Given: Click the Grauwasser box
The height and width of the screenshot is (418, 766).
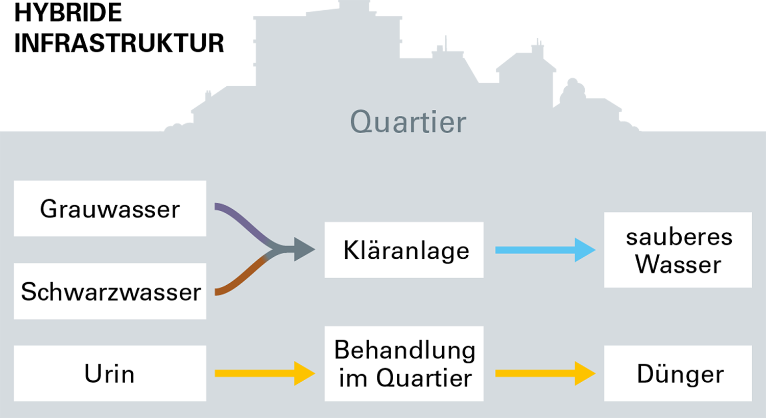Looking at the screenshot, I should [110, 208].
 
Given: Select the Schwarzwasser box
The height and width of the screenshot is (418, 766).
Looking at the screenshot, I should [110, 291].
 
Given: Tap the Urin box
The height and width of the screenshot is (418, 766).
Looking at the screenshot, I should [110, 373].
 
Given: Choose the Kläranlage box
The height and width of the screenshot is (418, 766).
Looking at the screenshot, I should [404, 250].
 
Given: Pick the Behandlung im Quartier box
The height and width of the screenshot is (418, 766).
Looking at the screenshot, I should [404, 363].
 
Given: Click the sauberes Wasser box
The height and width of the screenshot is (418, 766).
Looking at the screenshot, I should [678, 250].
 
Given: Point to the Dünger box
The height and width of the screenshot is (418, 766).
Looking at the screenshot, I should [678, 373].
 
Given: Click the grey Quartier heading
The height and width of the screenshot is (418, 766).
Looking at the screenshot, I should [408, 122].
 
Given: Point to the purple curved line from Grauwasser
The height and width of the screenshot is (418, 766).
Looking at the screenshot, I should [240, 217].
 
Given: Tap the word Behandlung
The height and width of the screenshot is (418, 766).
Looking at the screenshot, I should [404, 350].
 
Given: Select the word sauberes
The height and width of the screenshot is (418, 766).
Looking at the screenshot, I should [679, 237].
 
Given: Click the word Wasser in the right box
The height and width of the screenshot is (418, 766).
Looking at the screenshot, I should [678, 264].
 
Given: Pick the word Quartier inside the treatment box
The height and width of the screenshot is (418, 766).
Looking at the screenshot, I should [424, 378].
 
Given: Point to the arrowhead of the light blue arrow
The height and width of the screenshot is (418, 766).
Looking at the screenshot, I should [584, 250].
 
